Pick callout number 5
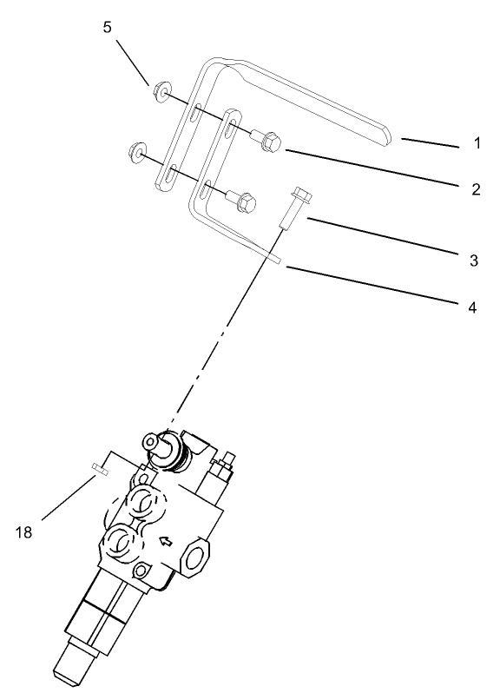pyautogui.click(x=107, y=27)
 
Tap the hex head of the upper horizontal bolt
pyautogui.click(x=271, y=141)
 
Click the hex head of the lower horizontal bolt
pyautogui.click(x=247, y=203)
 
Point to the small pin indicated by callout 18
pyautogui.click(x=98, y=472)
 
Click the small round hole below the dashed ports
pyautogui.click(x=141, y=571)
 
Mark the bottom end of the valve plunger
pyautogui.click(x=71, y=667)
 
